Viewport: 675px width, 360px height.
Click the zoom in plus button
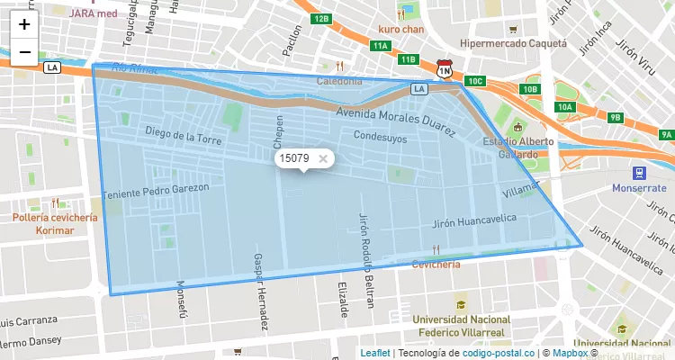[24, 24]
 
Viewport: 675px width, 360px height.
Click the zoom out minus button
[24, 52]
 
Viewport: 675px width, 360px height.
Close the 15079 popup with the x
[323, 158]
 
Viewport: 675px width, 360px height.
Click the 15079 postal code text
[294, 158]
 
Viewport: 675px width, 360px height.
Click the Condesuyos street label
[381, 138]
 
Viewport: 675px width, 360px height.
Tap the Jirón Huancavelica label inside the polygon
[474, 220]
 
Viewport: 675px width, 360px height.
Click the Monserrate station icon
[639, 172]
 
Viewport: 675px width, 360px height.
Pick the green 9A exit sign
[665, 135]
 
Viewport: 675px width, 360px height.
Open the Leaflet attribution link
[375, 353]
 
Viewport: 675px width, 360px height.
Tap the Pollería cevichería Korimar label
[55, 224]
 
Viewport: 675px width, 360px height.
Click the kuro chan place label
[400, 29]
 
